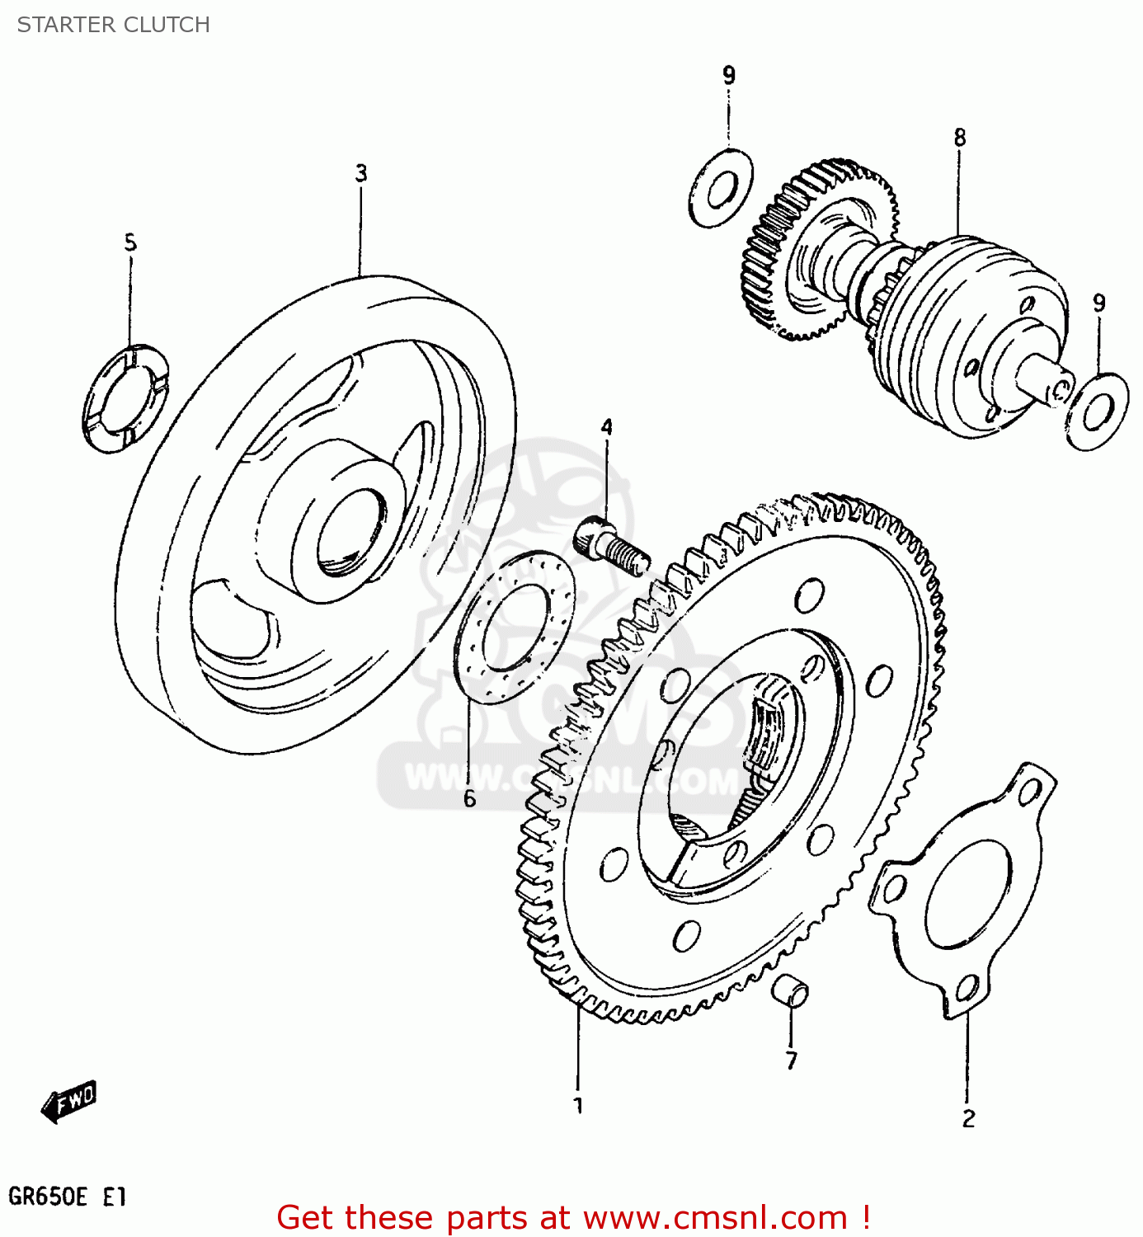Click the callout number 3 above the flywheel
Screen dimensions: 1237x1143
[x=360, y=174]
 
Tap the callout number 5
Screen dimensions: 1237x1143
[x=130, y=243]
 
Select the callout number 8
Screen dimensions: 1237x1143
[x=959, y=138]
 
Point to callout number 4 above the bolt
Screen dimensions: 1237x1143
[x=606, y=427]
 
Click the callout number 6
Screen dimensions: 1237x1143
[x=469, y=798]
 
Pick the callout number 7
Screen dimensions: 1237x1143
[x=791, y=1060]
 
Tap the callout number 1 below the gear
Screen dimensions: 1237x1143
[x=578, y=1105]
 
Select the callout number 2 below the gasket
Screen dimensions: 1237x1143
[x=968, y=1118]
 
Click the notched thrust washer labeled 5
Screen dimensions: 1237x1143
[x=125, y=398]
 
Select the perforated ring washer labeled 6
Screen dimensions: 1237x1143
[x=515, y=628]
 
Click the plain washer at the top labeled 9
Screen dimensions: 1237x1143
[x=721, y=188]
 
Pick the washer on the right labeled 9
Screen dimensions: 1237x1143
[x=1096, y=412]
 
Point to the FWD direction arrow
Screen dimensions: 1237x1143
[x=69, y=1101]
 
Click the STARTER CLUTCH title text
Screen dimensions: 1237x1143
[x=114, y=25]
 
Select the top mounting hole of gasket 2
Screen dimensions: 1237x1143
[x=1028, y=793]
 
